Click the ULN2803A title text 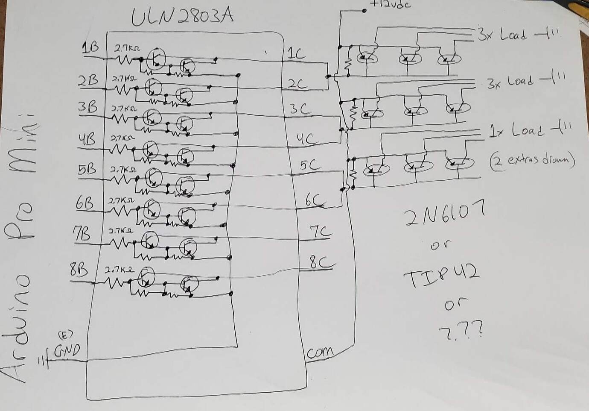click(182, 17)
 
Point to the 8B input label click(80, 270)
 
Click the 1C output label click(296, 54)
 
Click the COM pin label click(320, 352)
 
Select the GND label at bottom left click(67, 350)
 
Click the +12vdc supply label click(389, 4)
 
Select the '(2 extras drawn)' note click(531, 161)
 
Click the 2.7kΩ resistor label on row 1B click(126, 49)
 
